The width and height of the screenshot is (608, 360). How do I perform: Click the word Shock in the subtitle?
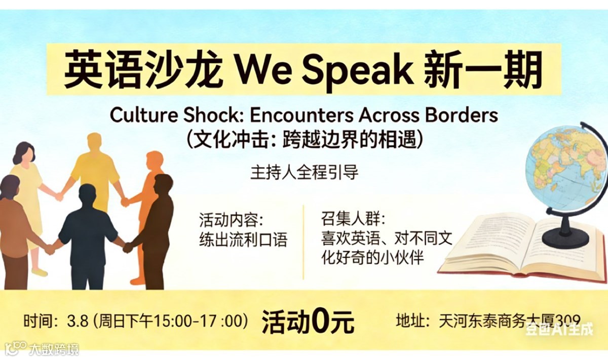point(217,116)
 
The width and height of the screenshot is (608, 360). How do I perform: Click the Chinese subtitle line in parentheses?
point(304,138)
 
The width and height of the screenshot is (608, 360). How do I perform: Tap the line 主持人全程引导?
point(304,172)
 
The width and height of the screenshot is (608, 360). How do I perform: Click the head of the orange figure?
point(154,161)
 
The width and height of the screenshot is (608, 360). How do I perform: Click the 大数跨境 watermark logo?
point(43,349)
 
